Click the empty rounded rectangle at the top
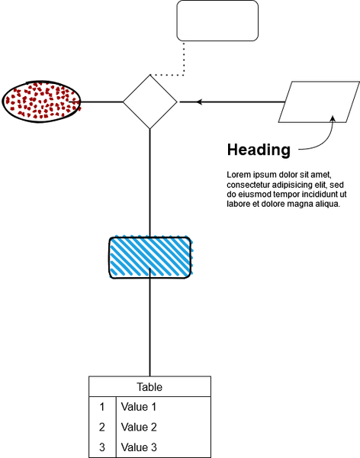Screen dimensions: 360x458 (217, 21)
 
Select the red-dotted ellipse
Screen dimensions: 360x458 (41, 102)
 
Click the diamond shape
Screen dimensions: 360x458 (150, 102)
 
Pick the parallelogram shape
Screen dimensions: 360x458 (319, 102)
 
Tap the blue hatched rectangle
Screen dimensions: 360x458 (150, 258)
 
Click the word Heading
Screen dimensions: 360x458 (259, 150)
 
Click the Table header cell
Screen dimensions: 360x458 (149, 387)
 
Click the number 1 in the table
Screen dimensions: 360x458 (102, 407)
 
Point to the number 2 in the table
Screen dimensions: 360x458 (102, 427)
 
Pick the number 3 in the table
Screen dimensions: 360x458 (102, 447)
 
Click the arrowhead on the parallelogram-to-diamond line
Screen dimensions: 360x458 (199, 102)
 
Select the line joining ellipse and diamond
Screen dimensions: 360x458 (102, 102)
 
